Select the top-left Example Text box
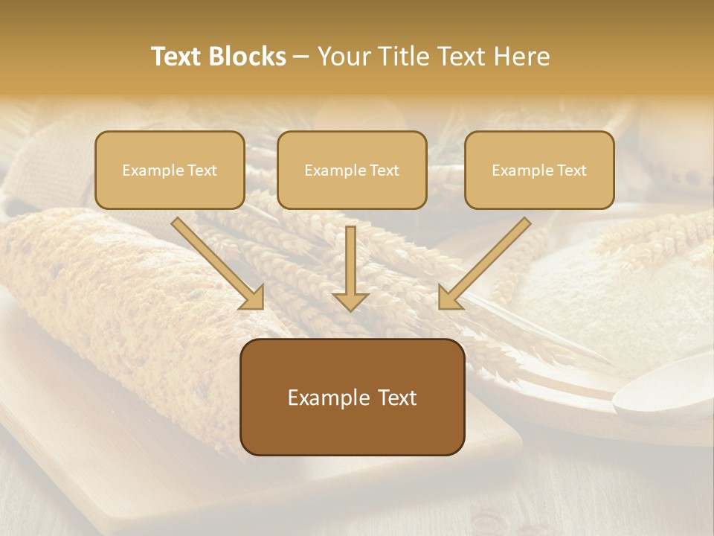[x=170, y=170]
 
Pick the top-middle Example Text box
[x=352, y=170]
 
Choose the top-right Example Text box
[x=539, y=170]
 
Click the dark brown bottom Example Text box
[x=353, y=398]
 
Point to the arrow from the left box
[x=216, y=261]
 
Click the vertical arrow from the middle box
[x=350, y=264]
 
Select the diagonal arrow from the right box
[x=487, y=261]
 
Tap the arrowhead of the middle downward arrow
[x=350, y=301]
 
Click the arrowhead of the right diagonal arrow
[x=448, y=299]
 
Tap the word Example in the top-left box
[x=147, y=170]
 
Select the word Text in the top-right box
[x=571, y=170]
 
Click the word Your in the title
[x=344, y=57]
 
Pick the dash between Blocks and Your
[x=301, y=57]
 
